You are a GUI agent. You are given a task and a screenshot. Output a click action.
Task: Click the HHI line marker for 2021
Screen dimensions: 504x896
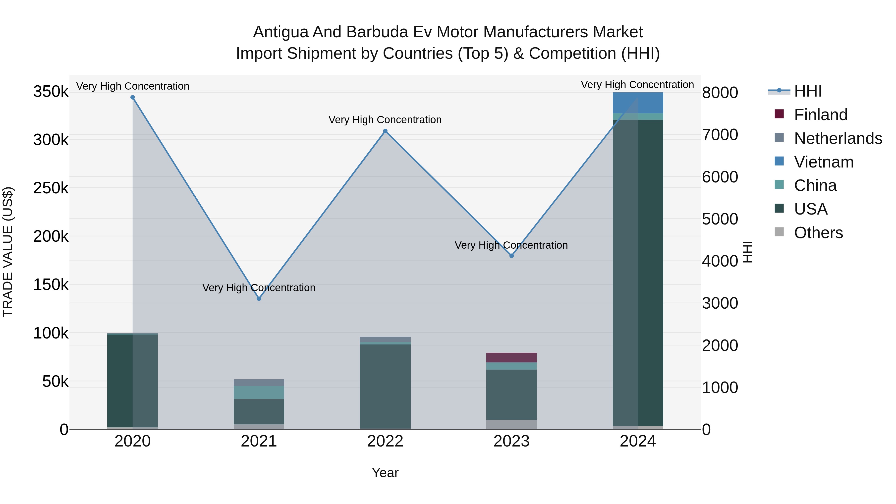(259, 298)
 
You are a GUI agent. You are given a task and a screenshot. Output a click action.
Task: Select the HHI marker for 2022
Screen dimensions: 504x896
(385, 131)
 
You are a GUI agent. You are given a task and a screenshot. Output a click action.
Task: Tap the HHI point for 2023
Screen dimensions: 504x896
(511, 256)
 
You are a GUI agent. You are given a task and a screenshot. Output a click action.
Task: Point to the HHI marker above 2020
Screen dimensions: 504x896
(132, 97)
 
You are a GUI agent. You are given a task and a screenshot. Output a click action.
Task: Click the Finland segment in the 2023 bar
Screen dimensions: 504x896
(511, 357)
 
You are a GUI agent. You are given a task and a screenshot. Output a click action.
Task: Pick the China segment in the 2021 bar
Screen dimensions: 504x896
(259, 392)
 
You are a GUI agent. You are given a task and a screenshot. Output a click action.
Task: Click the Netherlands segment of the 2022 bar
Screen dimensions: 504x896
(385, 339)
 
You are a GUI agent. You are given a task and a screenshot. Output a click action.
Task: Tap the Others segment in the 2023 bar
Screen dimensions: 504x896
(511, 424)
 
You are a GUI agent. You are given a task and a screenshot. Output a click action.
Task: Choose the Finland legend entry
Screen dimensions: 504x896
(821, 115)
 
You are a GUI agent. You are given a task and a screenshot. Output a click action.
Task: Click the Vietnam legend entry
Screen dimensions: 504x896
(824, 162)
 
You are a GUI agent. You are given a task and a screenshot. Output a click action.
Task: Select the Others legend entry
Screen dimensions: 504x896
(818, 233)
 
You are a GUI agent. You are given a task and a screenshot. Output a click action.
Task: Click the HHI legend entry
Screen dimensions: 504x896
(808, 91)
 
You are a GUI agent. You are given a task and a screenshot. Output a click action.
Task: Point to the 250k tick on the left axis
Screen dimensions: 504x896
(51, 188)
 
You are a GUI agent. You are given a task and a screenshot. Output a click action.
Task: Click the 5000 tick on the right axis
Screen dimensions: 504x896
(720, 219)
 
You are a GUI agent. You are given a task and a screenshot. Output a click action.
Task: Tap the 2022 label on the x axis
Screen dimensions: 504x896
(385, 441)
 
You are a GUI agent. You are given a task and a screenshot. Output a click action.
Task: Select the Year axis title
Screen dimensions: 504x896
(385, 473)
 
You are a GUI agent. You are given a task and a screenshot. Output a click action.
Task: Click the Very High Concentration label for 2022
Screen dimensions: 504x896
(385, 120)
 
